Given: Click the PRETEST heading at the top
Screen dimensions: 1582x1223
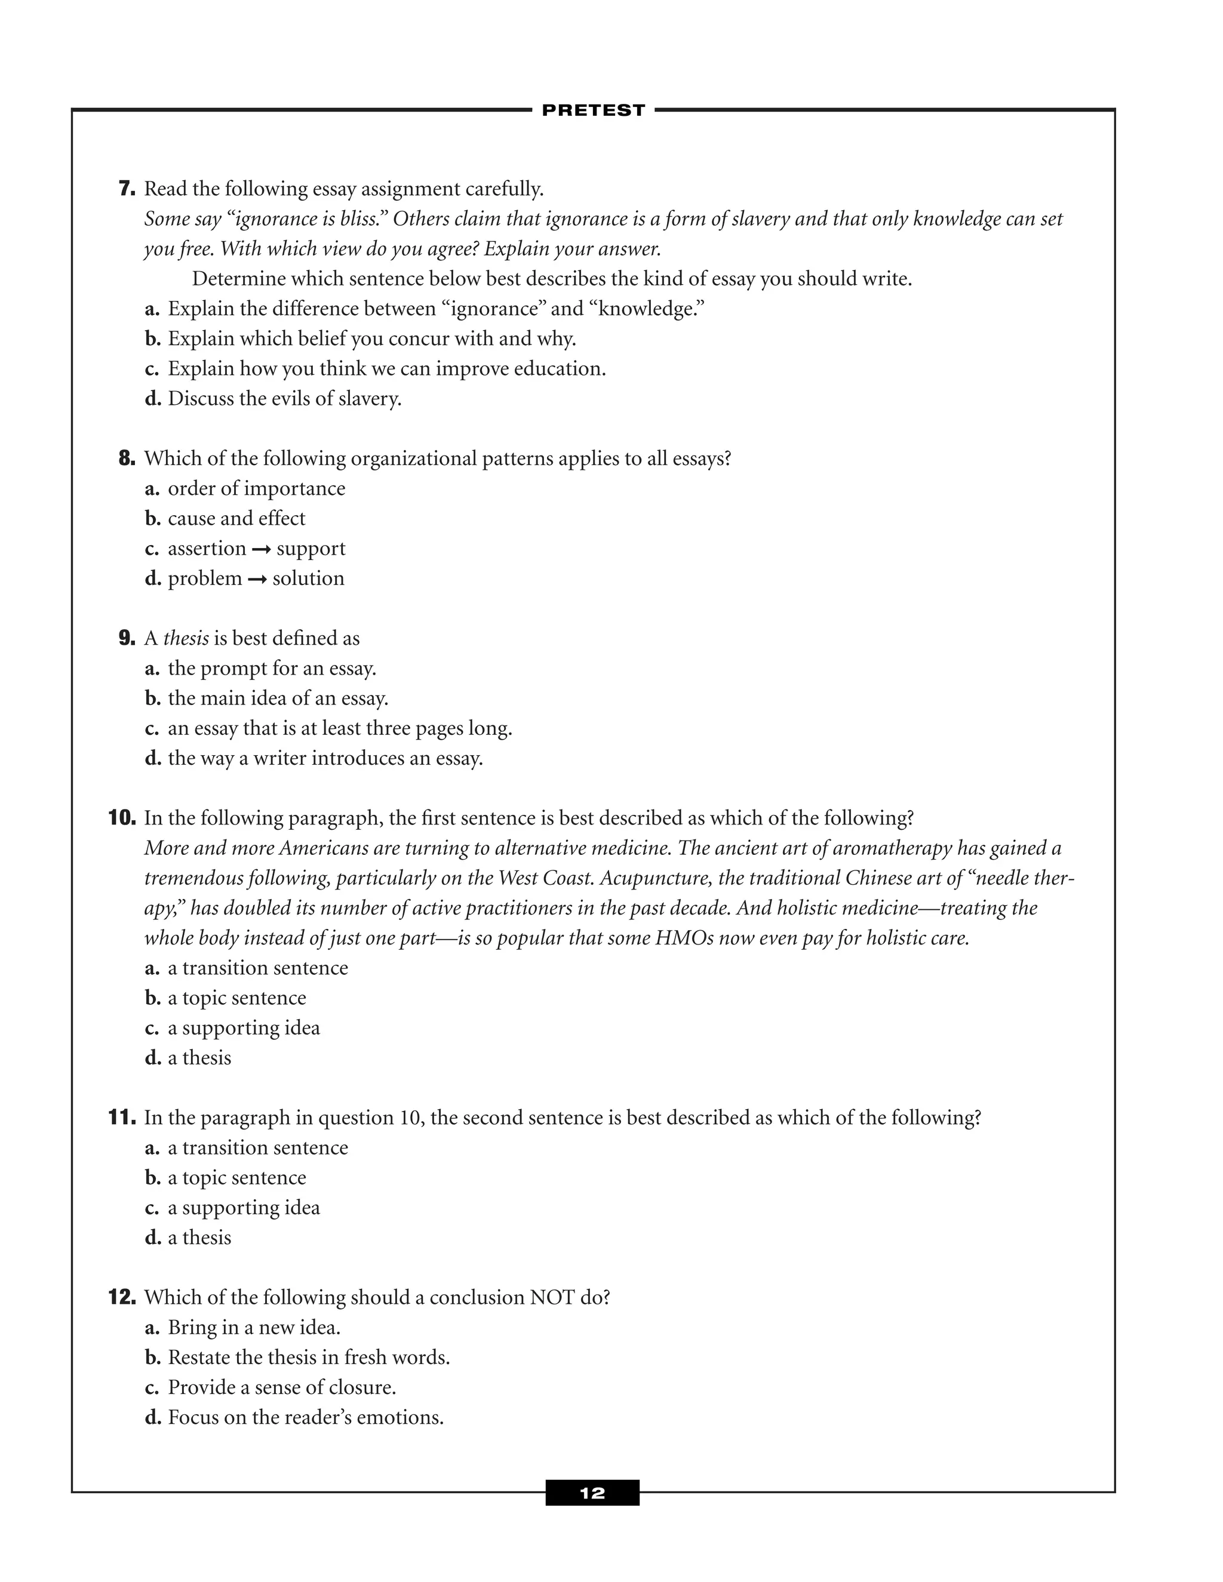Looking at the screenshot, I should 592,110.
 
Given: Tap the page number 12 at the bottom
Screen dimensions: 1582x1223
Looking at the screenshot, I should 592,1493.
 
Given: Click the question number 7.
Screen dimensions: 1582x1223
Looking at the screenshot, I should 127,189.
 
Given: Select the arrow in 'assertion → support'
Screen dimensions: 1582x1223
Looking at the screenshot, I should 261,550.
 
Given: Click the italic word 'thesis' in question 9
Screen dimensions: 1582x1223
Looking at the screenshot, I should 186,638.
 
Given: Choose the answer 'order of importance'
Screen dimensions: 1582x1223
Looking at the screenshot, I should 256,488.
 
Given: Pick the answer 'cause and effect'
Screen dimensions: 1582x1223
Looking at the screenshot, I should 236,519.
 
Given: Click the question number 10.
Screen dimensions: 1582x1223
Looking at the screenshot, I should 122,818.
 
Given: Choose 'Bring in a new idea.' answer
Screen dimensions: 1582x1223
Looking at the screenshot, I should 254,1327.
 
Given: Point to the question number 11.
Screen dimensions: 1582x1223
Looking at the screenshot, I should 122,1118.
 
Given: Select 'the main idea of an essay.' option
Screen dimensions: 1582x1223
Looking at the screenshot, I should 278,698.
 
